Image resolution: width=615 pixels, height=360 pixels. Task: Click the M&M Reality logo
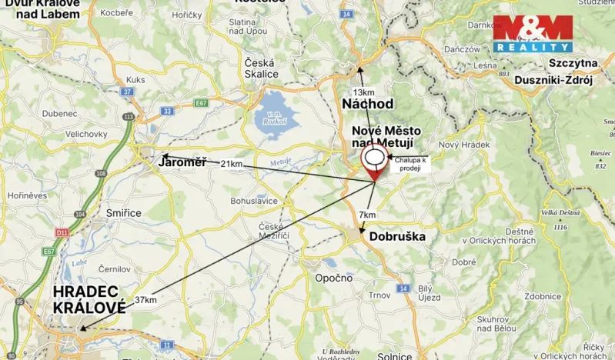click(x=533, y=33)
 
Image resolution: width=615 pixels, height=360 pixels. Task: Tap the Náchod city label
click(x=368, y=103)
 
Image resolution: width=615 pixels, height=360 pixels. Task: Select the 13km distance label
click(x=363, y=92)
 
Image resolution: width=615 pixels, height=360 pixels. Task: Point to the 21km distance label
click(x=231, y=164)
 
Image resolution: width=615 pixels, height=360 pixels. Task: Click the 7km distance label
click(x=368, y=215)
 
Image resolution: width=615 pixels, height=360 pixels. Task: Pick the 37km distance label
click(x=145, y=300)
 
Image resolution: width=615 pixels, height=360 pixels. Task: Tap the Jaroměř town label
click(x=182, y=162)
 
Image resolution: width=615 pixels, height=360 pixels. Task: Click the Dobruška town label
click(x=397, y=237)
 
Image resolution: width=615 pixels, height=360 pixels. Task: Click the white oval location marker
click(x=375, y=158)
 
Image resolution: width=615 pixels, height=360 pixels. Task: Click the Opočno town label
click(x=334, y=278)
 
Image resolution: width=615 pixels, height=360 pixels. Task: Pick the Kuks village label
click(x=136, y=79)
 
